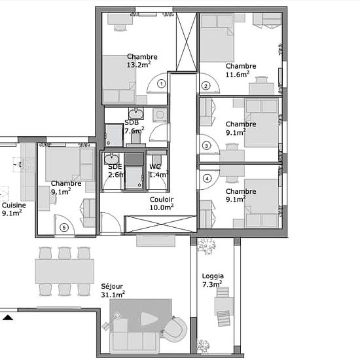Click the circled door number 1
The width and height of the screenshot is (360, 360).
point(162,84)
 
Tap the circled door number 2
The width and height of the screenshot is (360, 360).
point(206,86)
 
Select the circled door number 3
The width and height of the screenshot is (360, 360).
point(206,146)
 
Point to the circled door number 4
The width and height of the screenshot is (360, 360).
point(207,179)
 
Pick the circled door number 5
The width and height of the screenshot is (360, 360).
point(64,228)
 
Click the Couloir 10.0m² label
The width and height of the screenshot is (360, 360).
point(162,204)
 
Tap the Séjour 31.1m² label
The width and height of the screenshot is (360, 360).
point(113,290)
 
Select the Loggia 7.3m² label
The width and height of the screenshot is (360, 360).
point(213,280)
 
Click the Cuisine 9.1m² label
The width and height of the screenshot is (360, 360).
point(14,209)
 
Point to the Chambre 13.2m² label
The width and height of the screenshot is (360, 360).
point(142,61)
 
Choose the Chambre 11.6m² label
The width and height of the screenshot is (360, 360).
point(241,70)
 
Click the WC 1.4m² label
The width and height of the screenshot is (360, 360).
point(158,171)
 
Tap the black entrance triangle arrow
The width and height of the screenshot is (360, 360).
point(8,317)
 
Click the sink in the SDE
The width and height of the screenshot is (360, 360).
point(111,158)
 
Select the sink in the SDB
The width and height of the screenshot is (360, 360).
point(136,114)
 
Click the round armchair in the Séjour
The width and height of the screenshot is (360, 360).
point(174,329)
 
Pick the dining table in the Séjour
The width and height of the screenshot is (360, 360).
point(65,271)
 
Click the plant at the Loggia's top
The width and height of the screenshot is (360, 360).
point(207,247)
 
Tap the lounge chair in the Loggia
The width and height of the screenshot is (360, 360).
point(223,318)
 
